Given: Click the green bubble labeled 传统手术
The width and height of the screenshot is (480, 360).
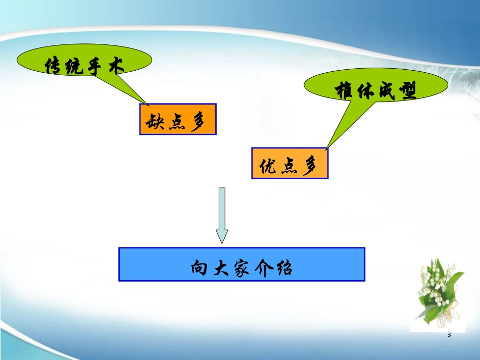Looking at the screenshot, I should click(x=84, y=61).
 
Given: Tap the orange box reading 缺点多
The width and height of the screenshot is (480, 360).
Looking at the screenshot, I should click(x=178, y=119).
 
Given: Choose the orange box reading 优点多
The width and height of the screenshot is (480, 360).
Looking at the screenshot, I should click(x=290, y=163).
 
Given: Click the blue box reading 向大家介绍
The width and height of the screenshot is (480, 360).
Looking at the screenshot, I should click(x=242, y=264).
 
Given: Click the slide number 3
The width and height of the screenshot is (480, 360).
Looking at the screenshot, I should click(x=449, y=335).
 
